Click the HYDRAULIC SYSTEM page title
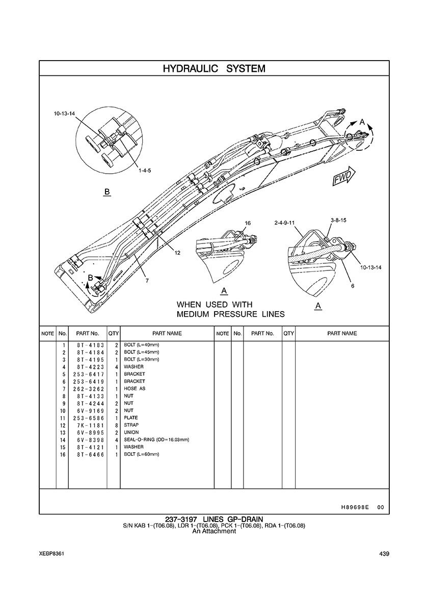click(x=214, y=68)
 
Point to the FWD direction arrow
click(x=343, y=175)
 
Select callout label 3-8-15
click(x=338, y=220)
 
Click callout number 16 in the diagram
click(x=248, y=223)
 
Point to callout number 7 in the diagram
click(x=147, y=281)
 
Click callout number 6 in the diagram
click(x=352, y=286)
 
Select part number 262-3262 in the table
click(x=88, y=389)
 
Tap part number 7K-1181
click(x=88, y=425)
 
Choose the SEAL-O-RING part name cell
click(x=156, y=439)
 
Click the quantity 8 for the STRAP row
click(x=117, y=425)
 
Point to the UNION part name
click(x=131, y=432)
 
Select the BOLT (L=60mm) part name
click(x=142, y=454)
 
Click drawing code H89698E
click(x=355, y=508)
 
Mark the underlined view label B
click(x=107, y=192)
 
